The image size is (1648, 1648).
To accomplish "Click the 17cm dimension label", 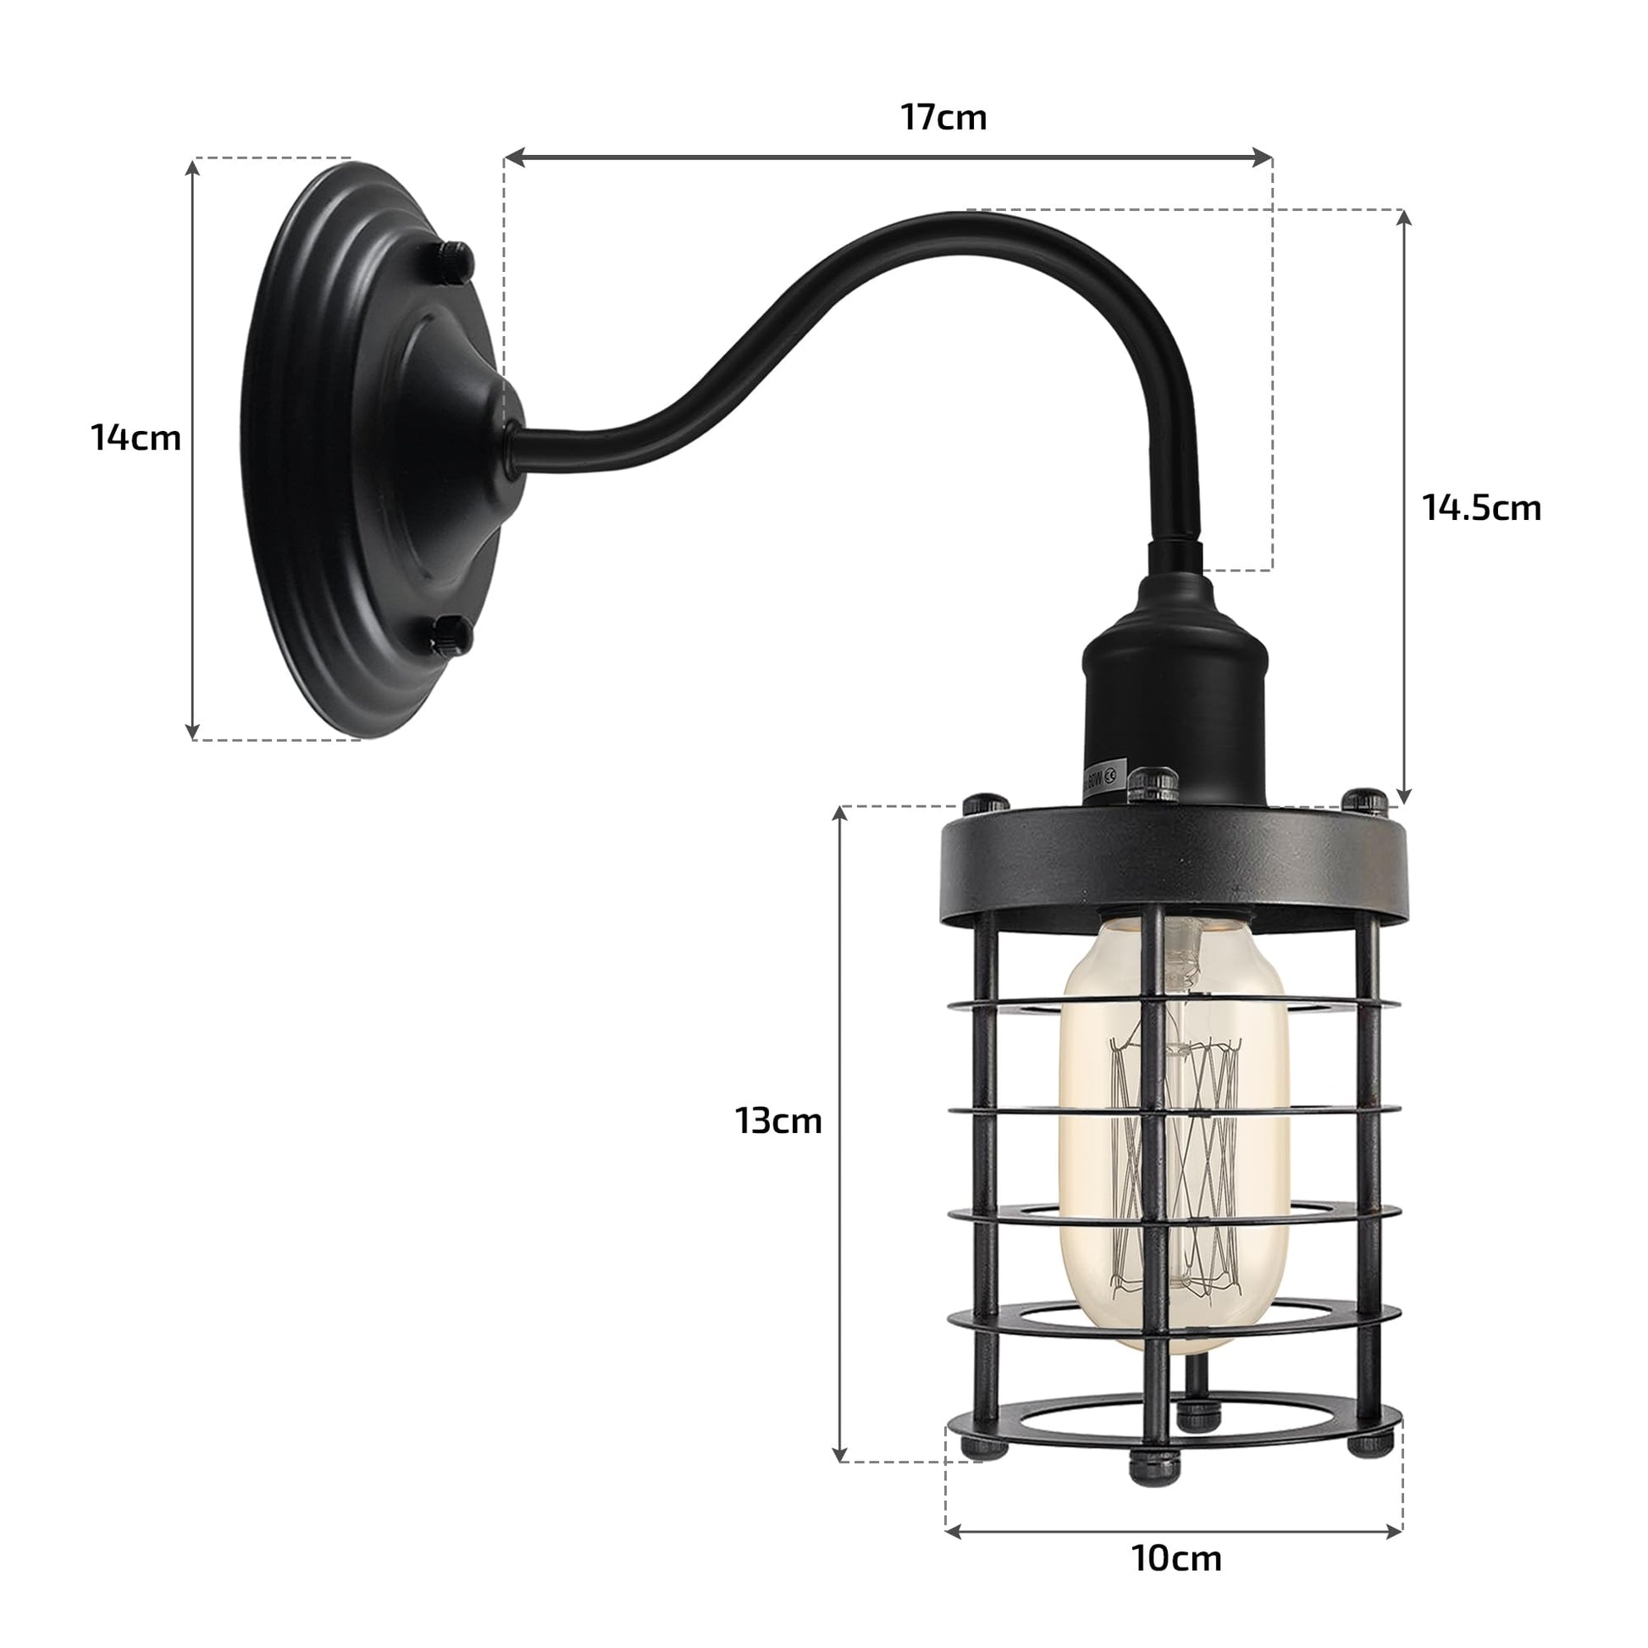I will [943, 118].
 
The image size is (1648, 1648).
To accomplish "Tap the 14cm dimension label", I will [135, 438].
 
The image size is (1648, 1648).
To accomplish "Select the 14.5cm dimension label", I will [1482, 507].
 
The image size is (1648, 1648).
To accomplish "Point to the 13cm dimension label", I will [778, 1120].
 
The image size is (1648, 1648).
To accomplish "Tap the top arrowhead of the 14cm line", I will [194, 165].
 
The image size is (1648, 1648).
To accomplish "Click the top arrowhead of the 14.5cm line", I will [1404, 217].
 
